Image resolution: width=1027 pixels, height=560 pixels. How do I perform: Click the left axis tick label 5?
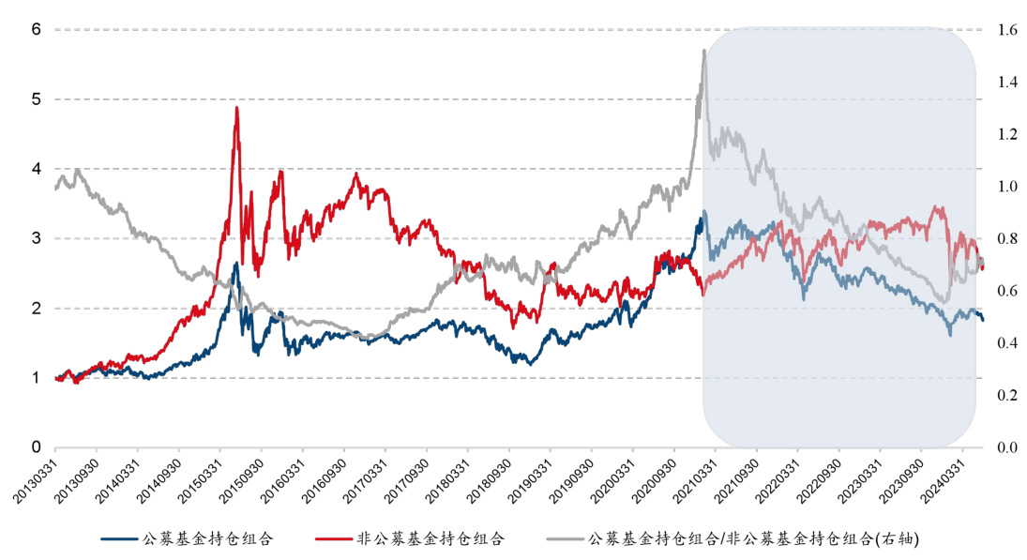pos(36,99)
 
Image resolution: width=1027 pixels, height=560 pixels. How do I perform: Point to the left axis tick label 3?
pos(36,238)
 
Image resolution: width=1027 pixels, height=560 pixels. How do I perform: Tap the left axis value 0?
pos(36,447)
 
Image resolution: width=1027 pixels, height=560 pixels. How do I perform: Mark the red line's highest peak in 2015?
pos(236,108)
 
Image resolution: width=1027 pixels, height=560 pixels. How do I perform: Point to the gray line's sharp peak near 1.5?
pos(703,51)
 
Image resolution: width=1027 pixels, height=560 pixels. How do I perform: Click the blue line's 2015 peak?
pos(236,264)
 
